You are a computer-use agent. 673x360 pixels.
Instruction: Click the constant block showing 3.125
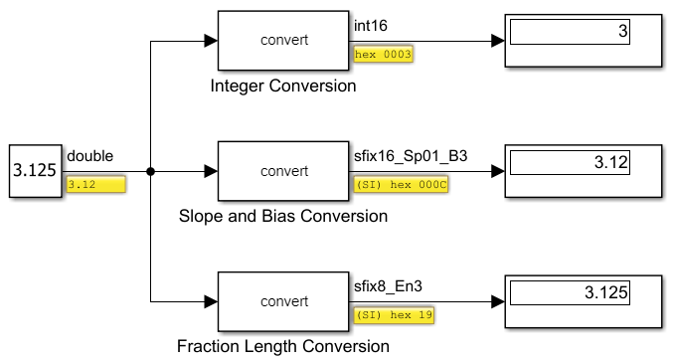click(34, 171)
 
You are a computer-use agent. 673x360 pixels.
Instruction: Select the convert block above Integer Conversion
click(283, 41)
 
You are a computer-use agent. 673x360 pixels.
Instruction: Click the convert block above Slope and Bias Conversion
click(283, 171)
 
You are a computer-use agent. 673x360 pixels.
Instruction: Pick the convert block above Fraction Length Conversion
click(283, 301)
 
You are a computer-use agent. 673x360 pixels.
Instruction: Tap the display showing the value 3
click(584, 41)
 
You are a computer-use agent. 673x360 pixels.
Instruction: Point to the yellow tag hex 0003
click(383, 55)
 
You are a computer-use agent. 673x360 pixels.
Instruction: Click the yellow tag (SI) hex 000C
click(395, 184)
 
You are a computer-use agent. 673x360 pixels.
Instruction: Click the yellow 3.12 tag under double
click(95, 184)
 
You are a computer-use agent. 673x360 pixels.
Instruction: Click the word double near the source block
click(89, 155)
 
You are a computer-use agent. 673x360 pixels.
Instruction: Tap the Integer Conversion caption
click(283, 87)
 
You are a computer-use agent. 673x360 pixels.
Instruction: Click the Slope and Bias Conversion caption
click(283, 216)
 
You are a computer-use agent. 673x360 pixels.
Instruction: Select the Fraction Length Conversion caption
click(283, 347)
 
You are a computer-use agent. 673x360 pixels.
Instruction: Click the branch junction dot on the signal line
click(150, 171)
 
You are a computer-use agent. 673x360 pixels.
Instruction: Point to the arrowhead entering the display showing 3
click(497, 41)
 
